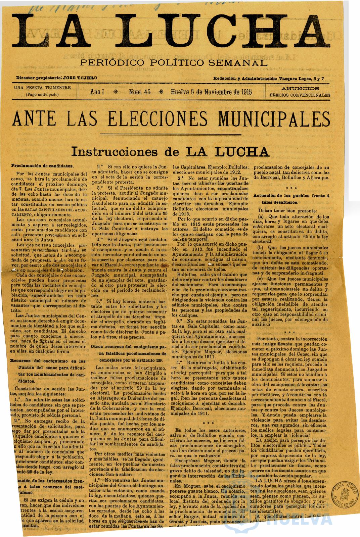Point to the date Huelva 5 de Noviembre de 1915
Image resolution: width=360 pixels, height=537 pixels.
(x=211, y=92)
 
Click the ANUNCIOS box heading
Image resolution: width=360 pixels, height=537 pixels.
(x=300, y=89)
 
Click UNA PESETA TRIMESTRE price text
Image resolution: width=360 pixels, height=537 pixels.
(x=42, y=88)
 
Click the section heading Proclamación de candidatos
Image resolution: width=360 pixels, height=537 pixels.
(x=42, y=166)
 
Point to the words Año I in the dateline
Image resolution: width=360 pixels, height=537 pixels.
(x=97, y=92)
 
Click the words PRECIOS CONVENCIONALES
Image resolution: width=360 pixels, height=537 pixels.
(x=300, y=95)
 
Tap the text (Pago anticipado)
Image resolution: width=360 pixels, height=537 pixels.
(x=42, y=94)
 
